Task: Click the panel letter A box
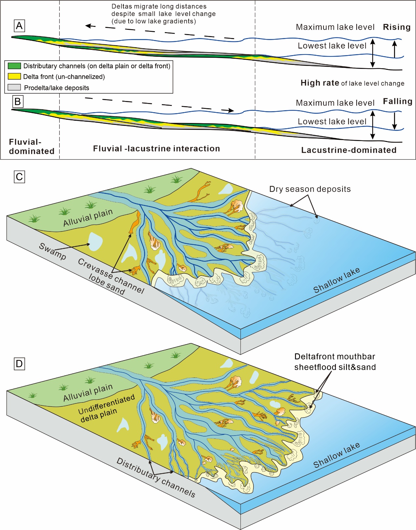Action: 19,26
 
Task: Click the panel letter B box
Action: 18,101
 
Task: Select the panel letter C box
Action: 19,177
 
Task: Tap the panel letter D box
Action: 19,364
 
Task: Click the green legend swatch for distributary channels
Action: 14,66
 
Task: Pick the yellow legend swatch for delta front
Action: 14,76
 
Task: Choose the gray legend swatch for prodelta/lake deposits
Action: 14,87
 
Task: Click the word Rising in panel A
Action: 397,27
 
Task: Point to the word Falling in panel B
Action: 397,101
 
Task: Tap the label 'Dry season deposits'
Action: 310,189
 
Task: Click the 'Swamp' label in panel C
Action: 52,251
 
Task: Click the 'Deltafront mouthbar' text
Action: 335,357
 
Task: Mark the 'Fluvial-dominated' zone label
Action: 31,146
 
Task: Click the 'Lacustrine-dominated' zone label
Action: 349,150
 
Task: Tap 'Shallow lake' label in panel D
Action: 337,455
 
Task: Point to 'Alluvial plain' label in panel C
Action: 88,217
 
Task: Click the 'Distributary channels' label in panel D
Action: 156,477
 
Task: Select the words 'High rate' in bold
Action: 320,83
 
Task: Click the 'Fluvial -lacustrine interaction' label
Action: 156,149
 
